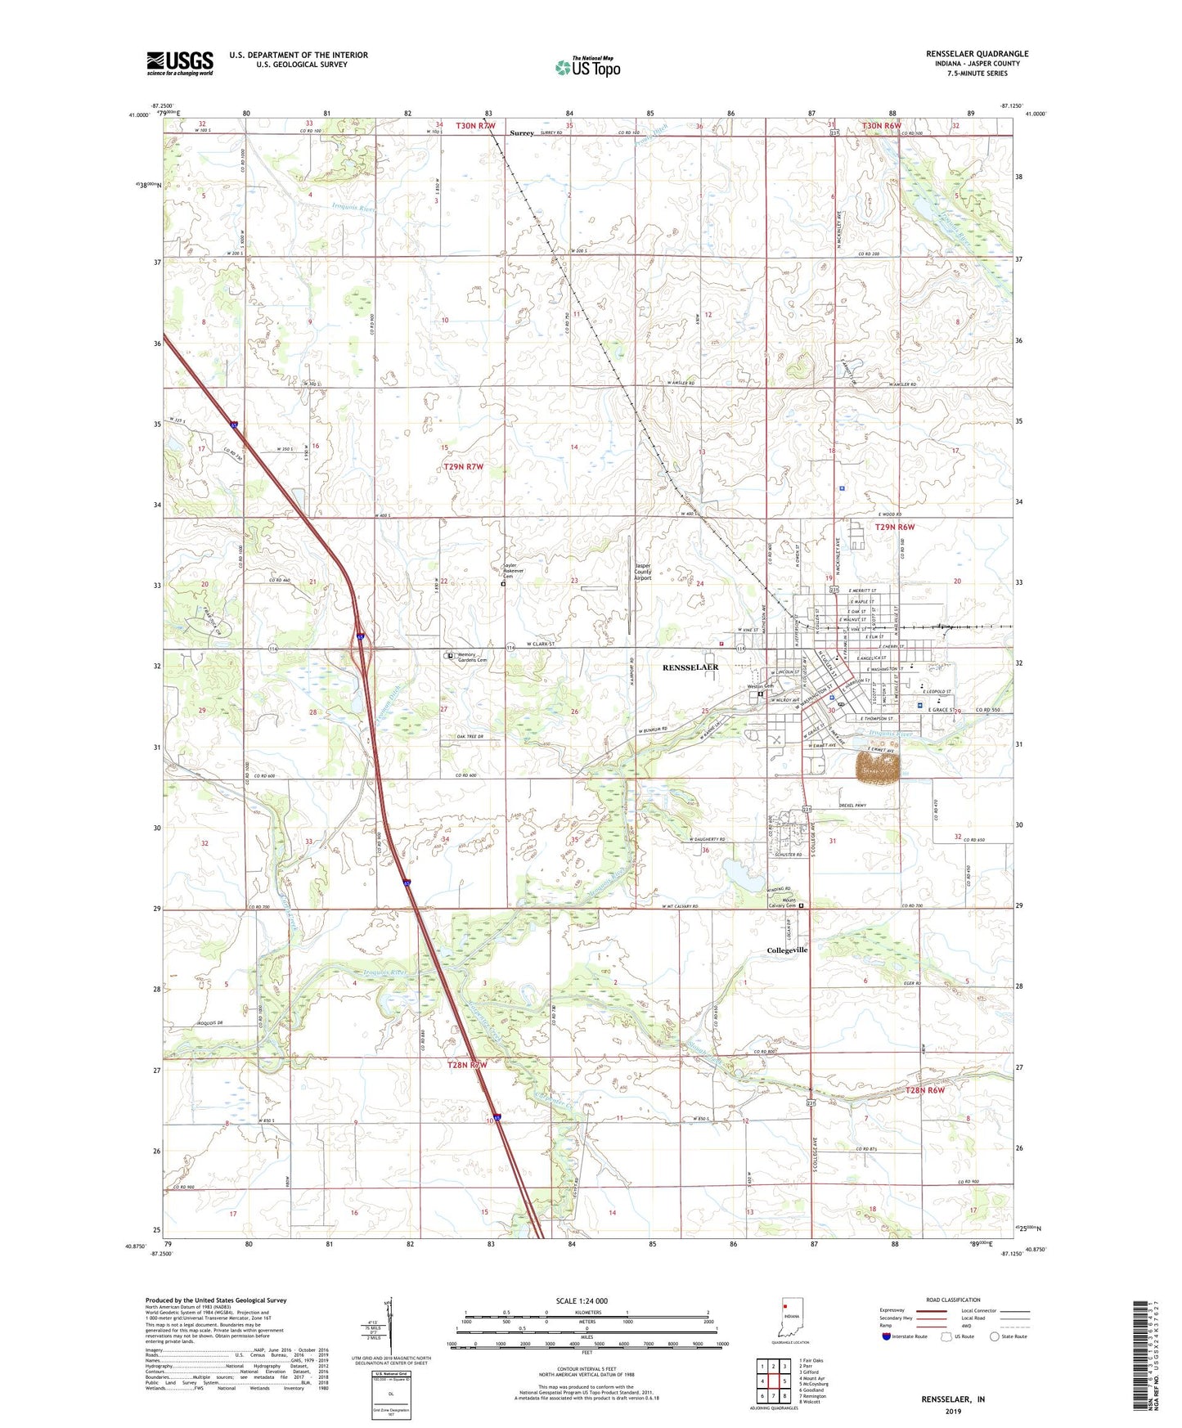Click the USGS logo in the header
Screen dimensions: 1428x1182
[x=180, y=62]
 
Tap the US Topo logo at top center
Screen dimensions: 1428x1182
[x=587, y=67]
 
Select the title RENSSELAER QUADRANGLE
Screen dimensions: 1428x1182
[x=977, y=54]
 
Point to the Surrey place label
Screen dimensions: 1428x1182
[x=522, y=132]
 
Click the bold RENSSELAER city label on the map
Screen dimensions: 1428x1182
[x=690, y=667]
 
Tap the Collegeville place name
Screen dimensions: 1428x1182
[x=787, y=950]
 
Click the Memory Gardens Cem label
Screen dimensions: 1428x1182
[x=471, y=657]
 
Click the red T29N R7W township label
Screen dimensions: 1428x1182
[x=464, y=467]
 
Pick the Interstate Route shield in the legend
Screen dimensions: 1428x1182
[x=888, y=1336]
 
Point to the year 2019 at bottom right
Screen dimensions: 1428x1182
[x=952, y=1412]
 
